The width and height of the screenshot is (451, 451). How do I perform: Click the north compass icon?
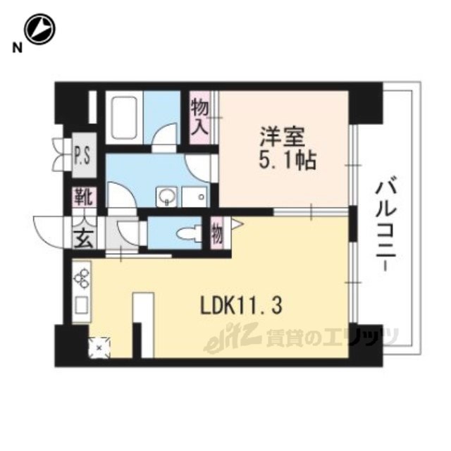pyautogui.click(x=39, y=29)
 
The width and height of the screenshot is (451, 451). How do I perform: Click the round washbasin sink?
pyautogui.click(x=166, y=194)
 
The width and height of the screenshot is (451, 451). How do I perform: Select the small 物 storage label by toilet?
pyautogui.click(x=218, y=233)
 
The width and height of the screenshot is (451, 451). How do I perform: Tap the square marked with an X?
pyautogui.click(x=100, y=346)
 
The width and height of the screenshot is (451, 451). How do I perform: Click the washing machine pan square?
pyautogui.click(x=192, y=194)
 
